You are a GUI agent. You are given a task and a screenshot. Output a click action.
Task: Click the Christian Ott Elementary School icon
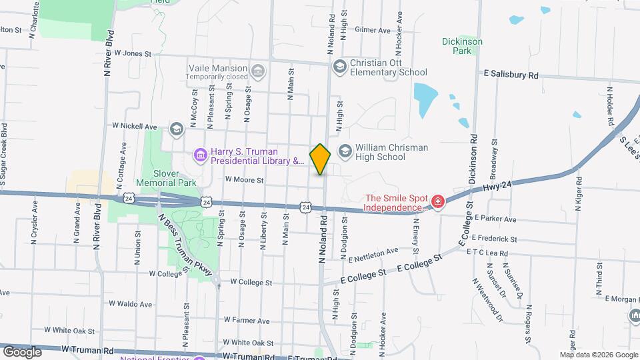tap(339, 65)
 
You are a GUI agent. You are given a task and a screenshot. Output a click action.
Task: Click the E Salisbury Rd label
tap(511, 75)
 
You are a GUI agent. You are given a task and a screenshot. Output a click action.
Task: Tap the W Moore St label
tap(244, 179)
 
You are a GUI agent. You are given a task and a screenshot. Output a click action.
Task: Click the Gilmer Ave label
tap(372, 30)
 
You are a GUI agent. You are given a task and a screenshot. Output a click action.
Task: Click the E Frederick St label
tap(494, 238)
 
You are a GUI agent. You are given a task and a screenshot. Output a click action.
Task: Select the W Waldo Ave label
tap(131, 303)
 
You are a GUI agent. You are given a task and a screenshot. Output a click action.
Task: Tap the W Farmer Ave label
tap(246, 320)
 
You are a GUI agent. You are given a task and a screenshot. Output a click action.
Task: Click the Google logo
tap(21, 351)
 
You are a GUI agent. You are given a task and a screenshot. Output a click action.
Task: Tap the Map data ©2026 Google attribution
tap(598, 355)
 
